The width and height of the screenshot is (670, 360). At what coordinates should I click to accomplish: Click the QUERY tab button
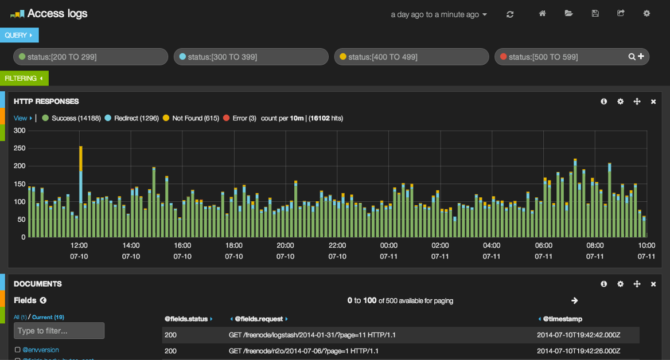tap(19, 36)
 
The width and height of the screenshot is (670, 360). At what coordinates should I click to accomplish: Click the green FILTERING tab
tap(24, 79)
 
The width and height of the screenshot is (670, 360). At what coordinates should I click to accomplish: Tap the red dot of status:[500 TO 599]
tap(503, 57)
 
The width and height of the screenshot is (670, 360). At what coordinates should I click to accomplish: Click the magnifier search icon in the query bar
tap(632, 57)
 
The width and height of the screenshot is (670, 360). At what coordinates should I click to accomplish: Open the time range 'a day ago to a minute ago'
tap(439, 14)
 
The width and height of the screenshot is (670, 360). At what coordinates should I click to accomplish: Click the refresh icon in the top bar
tap(510, 14)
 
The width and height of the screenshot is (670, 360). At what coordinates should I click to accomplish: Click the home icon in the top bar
tap(542, 14)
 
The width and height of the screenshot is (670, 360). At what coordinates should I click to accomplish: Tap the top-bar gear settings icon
tap(646, 14)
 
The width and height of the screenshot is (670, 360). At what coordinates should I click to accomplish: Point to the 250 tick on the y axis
tap(20, 148)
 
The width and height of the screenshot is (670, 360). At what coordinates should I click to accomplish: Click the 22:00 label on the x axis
tap(337, 245)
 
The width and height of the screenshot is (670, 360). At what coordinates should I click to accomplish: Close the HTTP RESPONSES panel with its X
tap(653, 101)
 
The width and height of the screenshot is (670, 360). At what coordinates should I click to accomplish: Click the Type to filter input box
tap(59, 331)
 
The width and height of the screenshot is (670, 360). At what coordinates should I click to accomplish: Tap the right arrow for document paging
tap(574, 300)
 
